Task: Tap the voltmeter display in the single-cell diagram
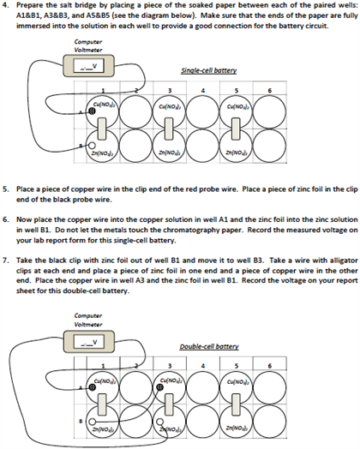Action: (x=87, y=66)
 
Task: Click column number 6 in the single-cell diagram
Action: (x=270, y=90)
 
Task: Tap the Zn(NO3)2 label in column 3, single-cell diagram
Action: (x=169, y=153)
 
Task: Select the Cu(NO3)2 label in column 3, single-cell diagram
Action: (x=169, y=105)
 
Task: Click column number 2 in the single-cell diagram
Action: (x=136, y=90)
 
